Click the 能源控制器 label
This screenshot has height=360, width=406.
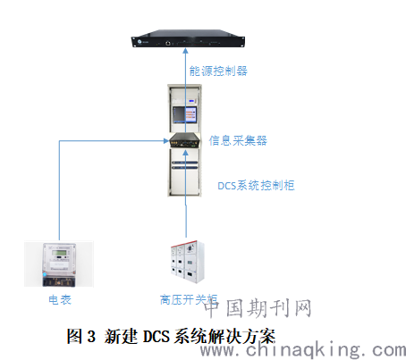tap(218, 71)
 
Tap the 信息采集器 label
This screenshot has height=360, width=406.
tap(238, 140)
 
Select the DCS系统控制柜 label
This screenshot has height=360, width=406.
tap(256, 185)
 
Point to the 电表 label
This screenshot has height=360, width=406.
tap(60, 299)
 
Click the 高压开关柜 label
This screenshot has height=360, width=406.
tap(189, 299)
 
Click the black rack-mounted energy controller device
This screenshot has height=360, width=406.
tap(188, 38)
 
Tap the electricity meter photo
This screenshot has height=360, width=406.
tap(59, 264)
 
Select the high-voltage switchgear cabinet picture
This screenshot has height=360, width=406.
tap(188, 262)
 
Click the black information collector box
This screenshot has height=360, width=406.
tap(185, 140)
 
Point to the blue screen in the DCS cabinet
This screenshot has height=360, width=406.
tap(185, 114)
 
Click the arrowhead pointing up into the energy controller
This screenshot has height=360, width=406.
tap(185, 51)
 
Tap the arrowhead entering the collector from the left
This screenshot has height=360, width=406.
tap(166, 140)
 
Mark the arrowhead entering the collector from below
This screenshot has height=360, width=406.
tap(186, 152)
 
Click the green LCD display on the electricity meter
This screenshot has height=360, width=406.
tap(59, 253)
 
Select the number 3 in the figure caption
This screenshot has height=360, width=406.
tap(91, 337)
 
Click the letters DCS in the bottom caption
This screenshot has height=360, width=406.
tap(156, 337)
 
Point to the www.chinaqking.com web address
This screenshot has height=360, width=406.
tap(303, 349)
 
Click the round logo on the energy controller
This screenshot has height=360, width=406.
tap(140, 41)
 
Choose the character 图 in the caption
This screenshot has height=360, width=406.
tap(74, 337)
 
